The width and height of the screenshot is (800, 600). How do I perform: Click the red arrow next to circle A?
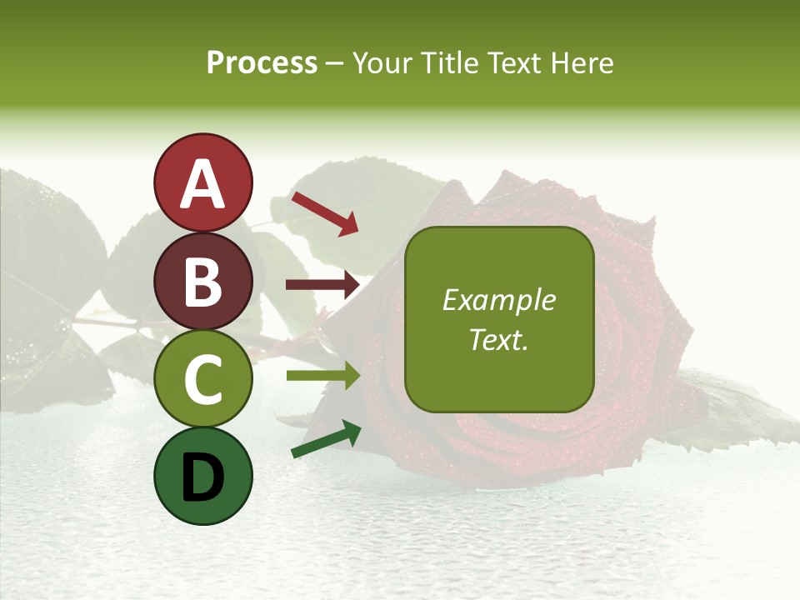click(x=324, y=213)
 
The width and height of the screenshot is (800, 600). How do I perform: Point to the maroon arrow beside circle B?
click(x=322, y=285)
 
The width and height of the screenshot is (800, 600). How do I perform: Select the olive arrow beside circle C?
click(x=322, y=376)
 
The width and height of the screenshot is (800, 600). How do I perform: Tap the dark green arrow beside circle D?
click(x=326, y=439)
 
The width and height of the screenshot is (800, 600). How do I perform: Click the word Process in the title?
click(x=262, y=63)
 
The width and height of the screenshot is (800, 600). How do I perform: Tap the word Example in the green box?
click(x=498, y=300)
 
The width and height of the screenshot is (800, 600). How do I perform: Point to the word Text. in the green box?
click(x=498, y=339)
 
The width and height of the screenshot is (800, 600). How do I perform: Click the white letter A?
click(x=202, y=183)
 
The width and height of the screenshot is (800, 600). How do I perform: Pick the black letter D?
click(x=202, y=477)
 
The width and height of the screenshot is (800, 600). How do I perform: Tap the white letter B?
click(x=202, y=281)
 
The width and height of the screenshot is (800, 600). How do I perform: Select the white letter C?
click(x=202, y=379)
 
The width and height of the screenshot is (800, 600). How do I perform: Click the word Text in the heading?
click(x=510, y=63)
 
